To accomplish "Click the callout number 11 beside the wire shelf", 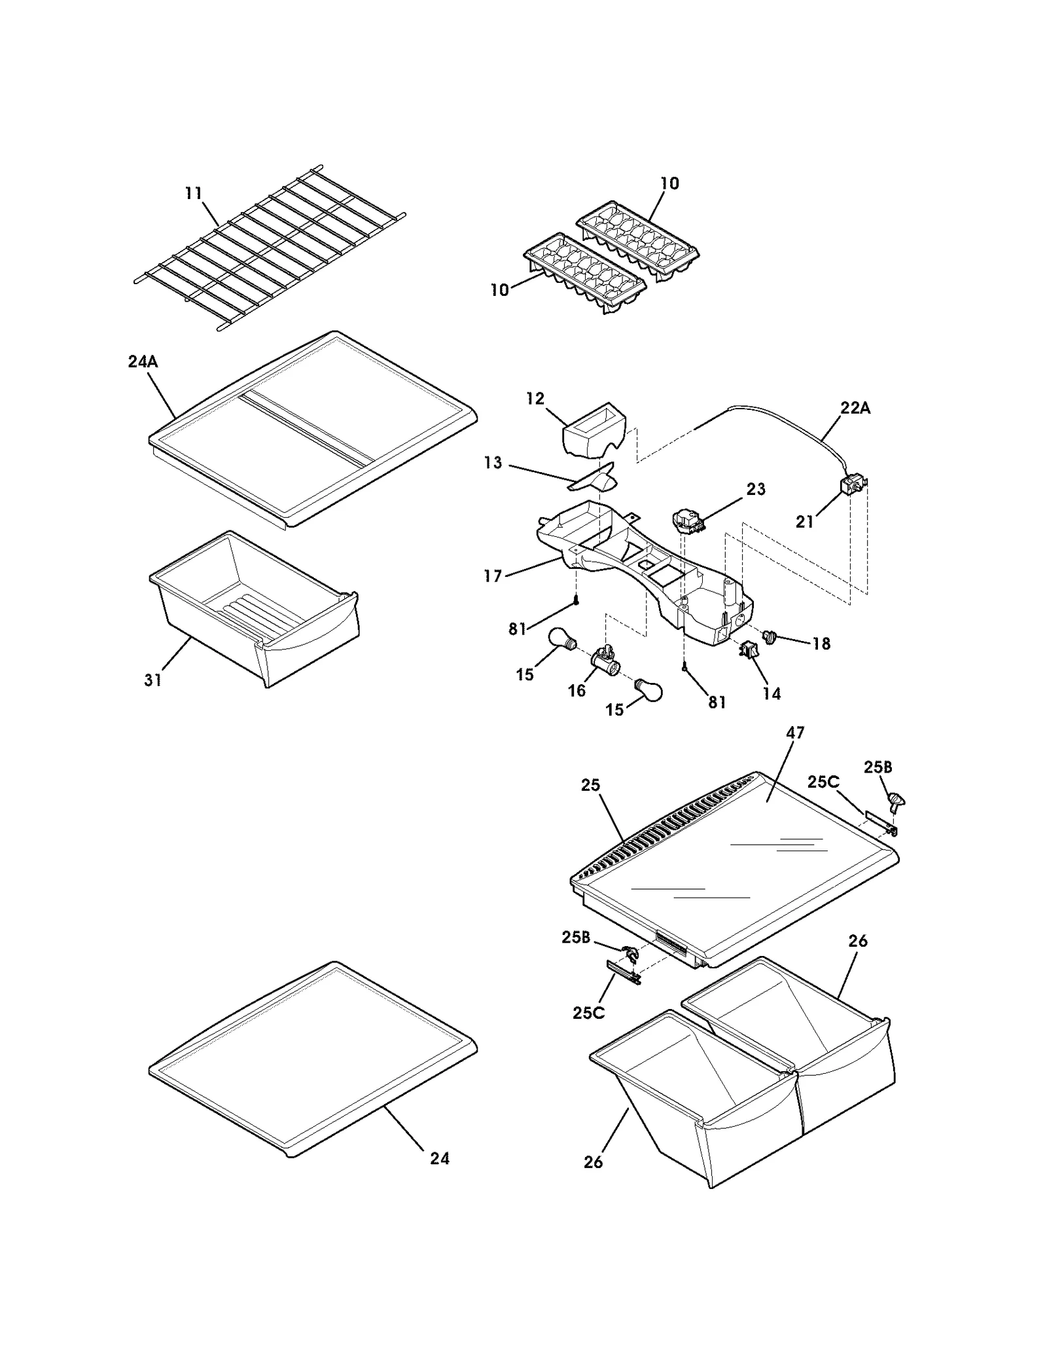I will [x=193, y=194].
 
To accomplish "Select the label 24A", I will [x=143, y=361].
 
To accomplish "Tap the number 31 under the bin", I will [x=152, y=680].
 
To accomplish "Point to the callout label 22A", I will [x=855, y=408].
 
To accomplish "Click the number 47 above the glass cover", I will [x=795, y=733].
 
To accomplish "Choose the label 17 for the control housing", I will [x=493, y=576].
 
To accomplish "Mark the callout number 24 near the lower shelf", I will [x=440, y=1158].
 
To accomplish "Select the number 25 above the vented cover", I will [x=590, y=784].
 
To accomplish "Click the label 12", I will [x=535, y=399].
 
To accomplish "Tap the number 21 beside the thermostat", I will [x=804, y=522].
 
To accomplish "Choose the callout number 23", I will [x=756, y=489].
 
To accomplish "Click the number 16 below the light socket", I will [x=577, y=691].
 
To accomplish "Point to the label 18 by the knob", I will [x=821, y=644].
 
